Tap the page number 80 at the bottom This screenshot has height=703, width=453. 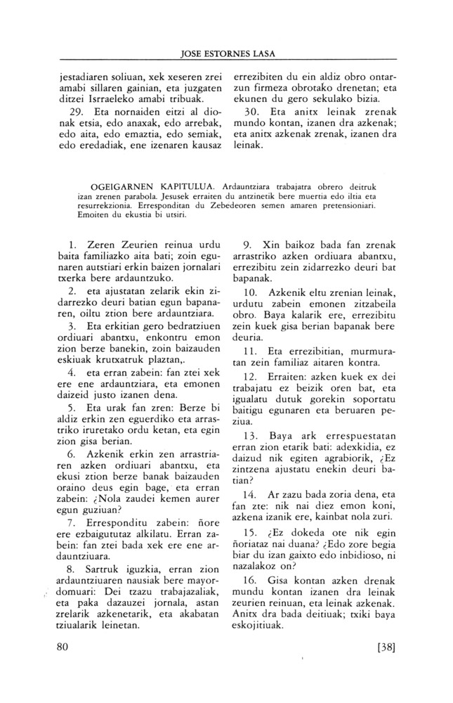click(x=64, y=647)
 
